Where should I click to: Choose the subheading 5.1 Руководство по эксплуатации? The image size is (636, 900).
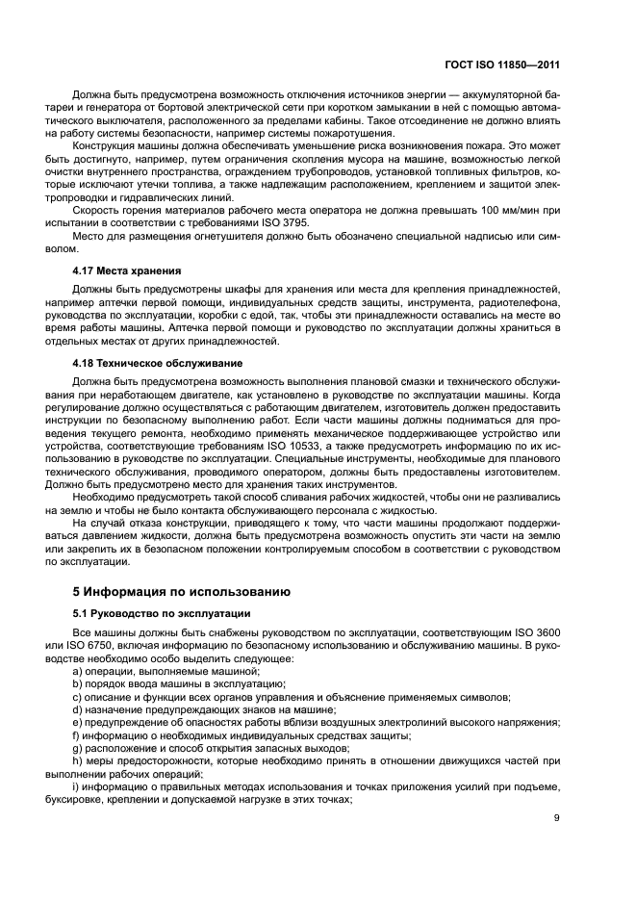162,612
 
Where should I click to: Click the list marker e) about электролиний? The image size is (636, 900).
79,722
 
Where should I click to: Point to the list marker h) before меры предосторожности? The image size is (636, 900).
79,761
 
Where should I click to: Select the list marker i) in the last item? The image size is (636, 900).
77,788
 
